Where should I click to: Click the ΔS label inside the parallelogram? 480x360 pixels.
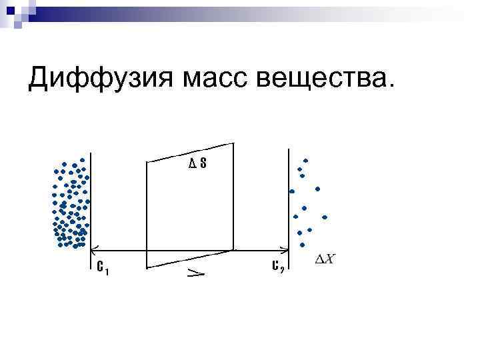197,164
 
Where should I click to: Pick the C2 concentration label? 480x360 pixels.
279,267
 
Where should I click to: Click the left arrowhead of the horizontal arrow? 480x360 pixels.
93,250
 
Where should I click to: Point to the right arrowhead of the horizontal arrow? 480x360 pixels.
285,250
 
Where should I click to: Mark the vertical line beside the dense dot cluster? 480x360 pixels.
89,200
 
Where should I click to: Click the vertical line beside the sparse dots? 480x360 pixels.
288,200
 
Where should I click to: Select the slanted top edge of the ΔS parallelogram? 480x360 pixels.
190,152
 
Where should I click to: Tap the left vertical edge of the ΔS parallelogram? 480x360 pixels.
147,213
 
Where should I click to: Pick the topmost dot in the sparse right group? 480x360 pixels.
306,160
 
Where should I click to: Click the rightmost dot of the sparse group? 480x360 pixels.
325,217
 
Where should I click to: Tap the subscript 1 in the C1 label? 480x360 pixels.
107,271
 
